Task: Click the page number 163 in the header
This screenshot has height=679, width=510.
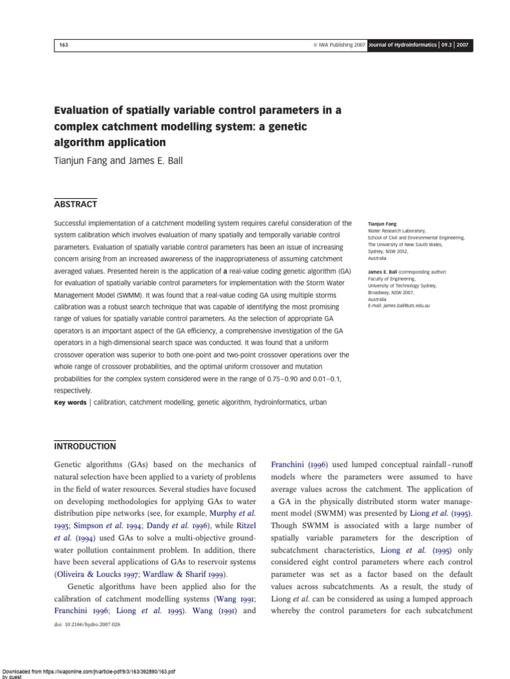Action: pos(64,45)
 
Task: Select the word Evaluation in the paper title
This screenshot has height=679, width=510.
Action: pos(86,111)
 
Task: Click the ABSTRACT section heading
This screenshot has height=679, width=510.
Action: pos(75,204)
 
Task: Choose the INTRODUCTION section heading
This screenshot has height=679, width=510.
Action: pos(84,446)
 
